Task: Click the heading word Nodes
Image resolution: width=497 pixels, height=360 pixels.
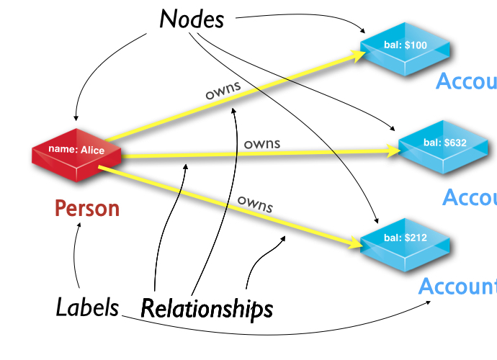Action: click(192, 19)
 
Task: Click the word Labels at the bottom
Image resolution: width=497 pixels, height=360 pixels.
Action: click(87, 307)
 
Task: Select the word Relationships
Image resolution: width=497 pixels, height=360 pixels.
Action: click(207, 308)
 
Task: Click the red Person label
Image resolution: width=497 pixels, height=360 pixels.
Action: click(87, 209)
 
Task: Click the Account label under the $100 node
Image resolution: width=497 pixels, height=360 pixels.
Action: click(466, 82)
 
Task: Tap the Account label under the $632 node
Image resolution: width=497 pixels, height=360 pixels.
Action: click(469, 197)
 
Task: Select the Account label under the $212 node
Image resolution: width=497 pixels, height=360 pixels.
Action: click(457, 287)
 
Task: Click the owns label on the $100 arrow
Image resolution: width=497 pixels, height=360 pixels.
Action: click(223, 91)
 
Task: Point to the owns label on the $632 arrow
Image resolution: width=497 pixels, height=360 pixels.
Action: click(262, 144)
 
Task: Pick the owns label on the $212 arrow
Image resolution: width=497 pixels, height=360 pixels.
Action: click(255, 204)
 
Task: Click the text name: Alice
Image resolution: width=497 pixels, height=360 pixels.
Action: click(76, 149)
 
